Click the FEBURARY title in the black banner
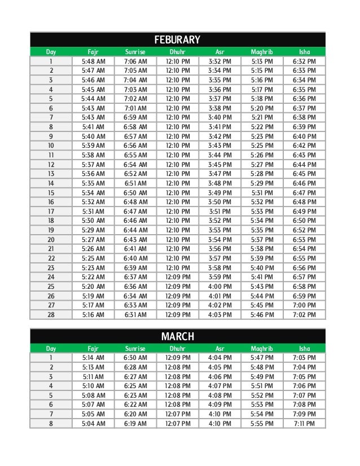(178, 39)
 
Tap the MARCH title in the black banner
(178, 337)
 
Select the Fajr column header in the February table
(93, 52)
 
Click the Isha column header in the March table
(305, 349)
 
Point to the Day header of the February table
(51, 52)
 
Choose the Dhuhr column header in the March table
(178, 349)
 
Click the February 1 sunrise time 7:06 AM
(135, 61)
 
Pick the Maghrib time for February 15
(262, 192)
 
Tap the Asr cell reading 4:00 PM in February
(220, 287)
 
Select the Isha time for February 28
(305, 315)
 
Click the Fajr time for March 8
(93, 424)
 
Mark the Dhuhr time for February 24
(178, 277)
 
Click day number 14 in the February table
(51, 183)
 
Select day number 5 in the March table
(51, 395)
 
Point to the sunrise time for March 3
(135, 377)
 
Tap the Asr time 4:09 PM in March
(220, 405)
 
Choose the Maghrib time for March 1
(262, 358)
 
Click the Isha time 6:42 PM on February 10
(305, 146)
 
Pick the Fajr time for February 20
(93, 240)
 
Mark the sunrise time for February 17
(135, 212)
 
